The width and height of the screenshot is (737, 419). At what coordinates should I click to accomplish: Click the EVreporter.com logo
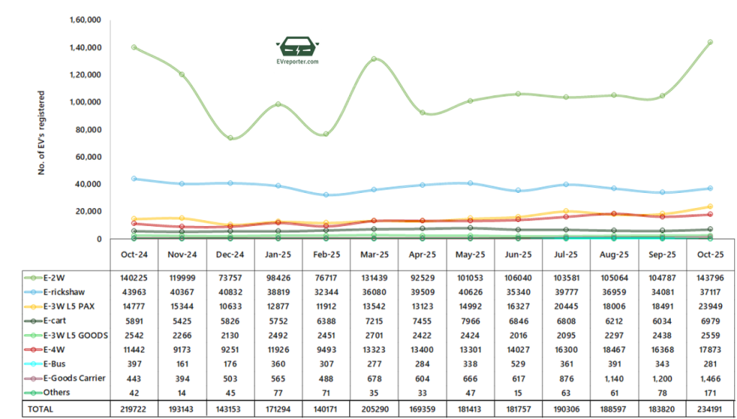pos(297,51)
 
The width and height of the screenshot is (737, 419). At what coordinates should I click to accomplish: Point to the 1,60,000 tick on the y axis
pos(85,19)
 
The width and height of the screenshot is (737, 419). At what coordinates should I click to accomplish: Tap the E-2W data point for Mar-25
pos(374,59)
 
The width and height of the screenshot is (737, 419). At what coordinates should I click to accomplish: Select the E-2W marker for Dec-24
pos(230,138)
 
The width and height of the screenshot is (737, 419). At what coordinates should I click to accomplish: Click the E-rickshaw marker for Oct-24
pos(134,179)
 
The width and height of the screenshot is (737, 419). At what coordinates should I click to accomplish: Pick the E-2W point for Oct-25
pos(710,42)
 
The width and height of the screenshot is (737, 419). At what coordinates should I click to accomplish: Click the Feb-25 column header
pos(326,255)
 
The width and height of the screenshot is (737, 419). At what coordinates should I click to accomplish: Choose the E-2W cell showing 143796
pos(710,278)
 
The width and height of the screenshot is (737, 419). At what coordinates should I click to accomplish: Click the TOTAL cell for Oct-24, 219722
pos(134,409)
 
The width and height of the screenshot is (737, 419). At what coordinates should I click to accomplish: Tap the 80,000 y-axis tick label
pos(89,130)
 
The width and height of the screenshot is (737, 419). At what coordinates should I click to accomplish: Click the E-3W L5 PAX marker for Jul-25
pos(566,211)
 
